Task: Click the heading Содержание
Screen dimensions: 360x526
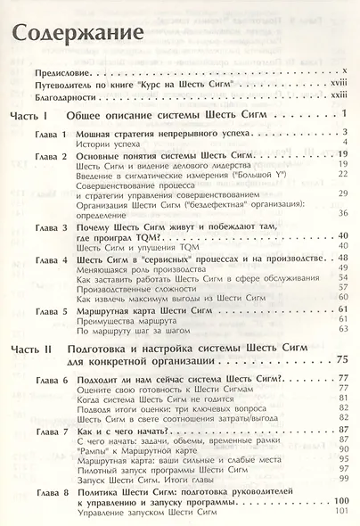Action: [77, 35]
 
